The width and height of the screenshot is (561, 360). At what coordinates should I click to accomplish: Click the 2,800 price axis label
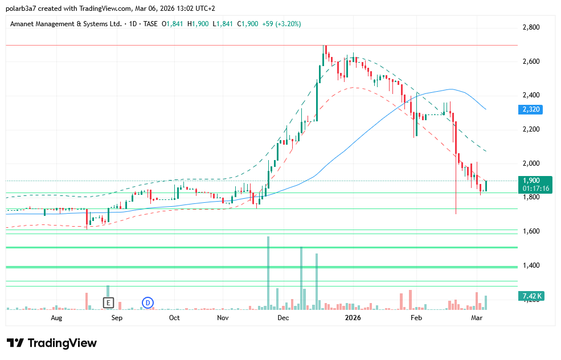pos(531,27)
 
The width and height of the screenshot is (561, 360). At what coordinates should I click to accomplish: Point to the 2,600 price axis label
pos(531,62)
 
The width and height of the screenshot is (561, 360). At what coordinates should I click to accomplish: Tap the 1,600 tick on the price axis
pos(531,231)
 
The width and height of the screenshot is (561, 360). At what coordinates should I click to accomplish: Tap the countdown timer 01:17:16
pos(535,189)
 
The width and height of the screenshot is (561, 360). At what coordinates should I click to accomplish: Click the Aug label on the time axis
pos(56,318)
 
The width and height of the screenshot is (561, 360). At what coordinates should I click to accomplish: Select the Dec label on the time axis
pos(283,318)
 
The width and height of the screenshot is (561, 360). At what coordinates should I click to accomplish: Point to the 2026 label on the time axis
pos(353,318)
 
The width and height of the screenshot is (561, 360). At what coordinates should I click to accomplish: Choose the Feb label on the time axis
pos(417,318)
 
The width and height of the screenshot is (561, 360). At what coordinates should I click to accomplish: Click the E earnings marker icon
pos(108,302)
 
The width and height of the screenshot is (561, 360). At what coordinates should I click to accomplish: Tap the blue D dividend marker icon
pos(148,302)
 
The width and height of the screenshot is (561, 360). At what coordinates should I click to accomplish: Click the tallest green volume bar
pos(268,272)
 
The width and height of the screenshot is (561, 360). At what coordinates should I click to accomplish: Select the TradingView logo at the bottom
pos(52,343)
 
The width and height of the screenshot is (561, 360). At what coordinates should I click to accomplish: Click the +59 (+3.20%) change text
pos(281,24)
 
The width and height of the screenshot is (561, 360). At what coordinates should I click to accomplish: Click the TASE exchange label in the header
pos(150,24)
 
